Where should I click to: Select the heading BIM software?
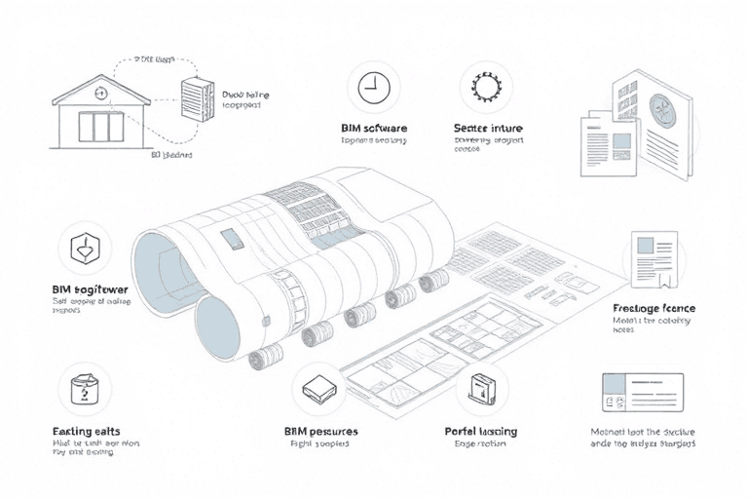click(374, 128)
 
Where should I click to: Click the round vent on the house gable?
click(100, 94)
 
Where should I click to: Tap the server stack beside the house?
click(197, 99)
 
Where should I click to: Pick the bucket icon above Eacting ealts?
click(85, 390)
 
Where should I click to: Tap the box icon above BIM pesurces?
click(319, 390)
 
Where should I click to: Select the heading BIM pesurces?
click(320, 430)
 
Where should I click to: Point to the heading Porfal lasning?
click(481, 430)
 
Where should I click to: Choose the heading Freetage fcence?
click(654, 308)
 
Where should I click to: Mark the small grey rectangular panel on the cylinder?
click(230, 239)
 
